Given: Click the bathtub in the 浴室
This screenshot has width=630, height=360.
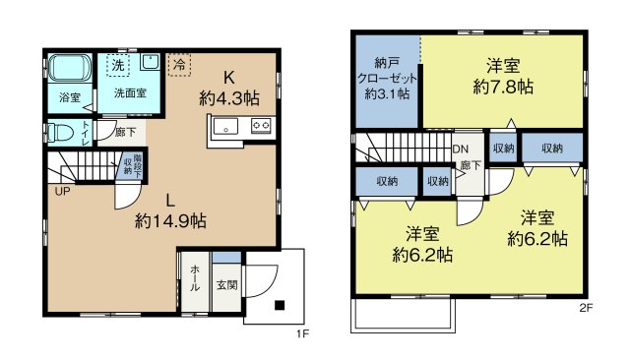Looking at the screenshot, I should [70, 70].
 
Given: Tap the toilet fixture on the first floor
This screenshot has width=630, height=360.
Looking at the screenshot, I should [61, 132].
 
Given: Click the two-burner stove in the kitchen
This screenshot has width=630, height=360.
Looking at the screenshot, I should [261, 125].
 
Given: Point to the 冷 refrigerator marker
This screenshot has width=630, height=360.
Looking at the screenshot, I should [180, 64].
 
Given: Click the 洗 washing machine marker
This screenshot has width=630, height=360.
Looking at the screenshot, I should [117, 65].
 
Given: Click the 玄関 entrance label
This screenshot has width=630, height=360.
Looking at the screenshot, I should [227, 286].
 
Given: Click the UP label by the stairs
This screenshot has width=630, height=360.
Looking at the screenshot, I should [62, 191].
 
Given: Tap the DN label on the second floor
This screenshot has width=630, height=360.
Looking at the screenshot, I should [460, 150].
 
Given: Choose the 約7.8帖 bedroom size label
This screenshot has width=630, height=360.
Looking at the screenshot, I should [503, 87].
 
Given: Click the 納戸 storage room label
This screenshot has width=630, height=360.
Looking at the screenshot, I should [388, 60].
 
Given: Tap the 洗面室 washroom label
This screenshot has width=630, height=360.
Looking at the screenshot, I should [130, 93].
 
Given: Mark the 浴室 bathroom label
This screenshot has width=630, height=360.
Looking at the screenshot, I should [69, 97].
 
